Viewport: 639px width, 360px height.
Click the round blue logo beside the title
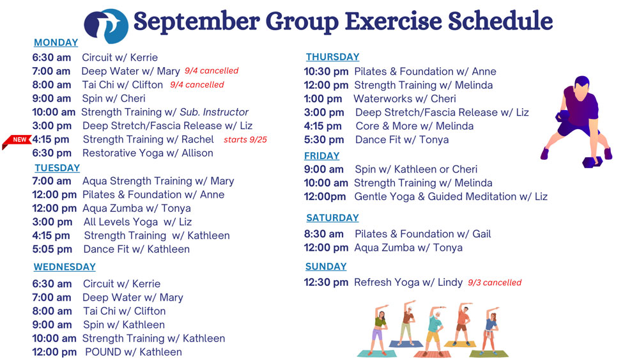click(x=106, y=26)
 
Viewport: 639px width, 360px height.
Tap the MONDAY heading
click(x=56, y=42)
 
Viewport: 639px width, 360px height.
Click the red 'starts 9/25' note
click(x=245, y=139)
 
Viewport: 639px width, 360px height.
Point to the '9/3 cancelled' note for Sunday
click(x=495, y=283)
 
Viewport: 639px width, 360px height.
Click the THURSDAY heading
click(x=332, y=57)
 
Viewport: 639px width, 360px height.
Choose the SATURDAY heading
click(x=332, y=218)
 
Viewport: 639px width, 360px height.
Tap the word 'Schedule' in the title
click(x=500, y=21)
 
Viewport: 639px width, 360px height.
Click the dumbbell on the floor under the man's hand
click(x=592, y=162)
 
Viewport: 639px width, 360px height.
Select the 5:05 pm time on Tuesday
click(x=52, y=249)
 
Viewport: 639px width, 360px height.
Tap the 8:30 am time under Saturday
click(x=323, y=234)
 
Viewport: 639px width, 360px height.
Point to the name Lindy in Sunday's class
click(x=450, y=283)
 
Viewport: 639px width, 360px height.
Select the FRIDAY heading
click(x=322, y=156)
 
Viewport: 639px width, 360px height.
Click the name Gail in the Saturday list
click(x=482, y=234)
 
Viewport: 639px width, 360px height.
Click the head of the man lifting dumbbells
click(x=582, y=85)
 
